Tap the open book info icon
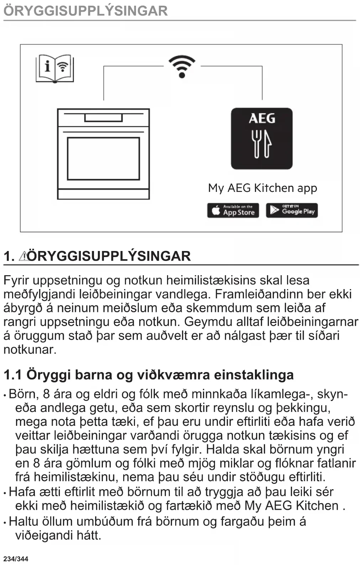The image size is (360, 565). tap(54, 68)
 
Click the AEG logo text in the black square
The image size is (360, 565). tap(262, 118)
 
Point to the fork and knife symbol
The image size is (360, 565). tap(262, 143)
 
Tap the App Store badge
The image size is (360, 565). tap(233, 210)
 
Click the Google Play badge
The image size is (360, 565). tap(292, 210)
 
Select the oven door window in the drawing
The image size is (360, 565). tap(103, 158)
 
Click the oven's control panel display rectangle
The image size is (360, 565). tap(103, 117)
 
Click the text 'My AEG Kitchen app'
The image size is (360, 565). tap(262, 188)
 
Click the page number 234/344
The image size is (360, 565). tap(16, 559)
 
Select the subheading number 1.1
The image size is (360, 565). tap(12, 375)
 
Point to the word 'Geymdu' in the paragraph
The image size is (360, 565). tap(204, 321)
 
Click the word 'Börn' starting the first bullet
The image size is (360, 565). tap(23, 394)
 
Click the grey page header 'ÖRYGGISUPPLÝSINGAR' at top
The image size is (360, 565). tap(85, 10)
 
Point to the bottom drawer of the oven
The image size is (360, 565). tap(103, 194)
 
